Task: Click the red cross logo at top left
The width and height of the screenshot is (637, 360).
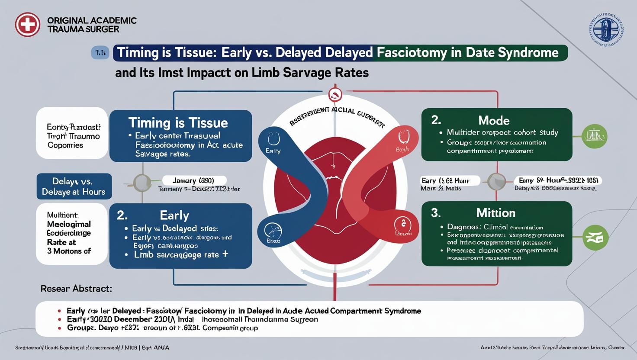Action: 27,24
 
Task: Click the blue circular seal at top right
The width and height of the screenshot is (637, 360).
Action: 606,30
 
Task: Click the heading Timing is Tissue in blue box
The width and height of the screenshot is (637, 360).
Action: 178,122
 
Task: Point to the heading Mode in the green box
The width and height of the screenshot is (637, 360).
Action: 494,120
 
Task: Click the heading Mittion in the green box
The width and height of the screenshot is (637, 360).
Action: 495,213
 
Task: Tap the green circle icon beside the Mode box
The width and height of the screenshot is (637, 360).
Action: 595,136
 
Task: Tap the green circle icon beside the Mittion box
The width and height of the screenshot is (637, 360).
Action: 595,238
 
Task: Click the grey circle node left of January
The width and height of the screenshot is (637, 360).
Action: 142,183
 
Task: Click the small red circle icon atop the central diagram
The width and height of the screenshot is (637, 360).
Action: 335,94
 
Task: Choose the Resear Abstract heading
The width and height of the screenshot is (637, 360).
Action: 76,288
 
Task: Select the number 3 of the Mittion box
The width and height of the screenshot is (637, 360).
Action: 435,213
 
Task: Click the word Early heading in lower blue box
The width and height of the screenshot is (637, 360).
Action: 174,215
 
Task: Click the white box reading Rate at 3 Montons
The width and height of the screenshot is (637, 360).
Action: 72,234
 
